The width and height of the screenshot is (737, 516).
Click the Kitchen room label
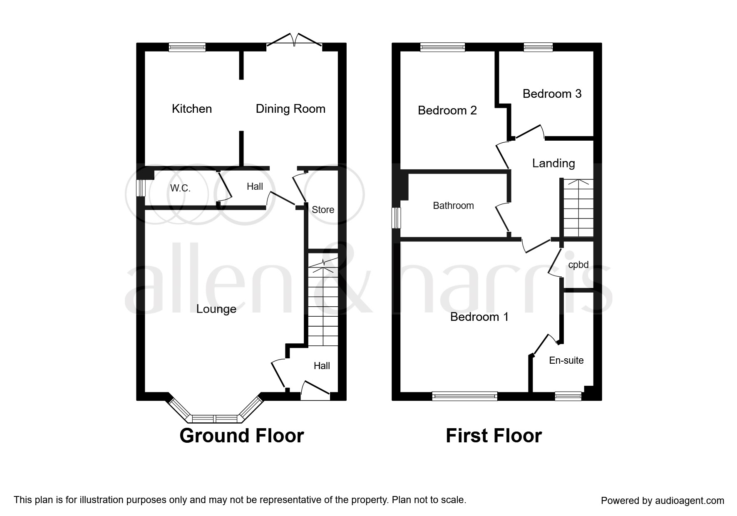coord(192,109)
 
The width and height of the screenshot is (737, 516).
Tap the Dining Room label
coord(290,109)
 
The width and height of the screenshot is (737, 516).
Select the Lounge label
coord(216,309)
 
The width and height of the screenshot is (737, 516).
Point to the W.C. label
coord(180,189)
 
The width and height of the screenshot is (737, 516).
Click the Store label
coord(323,210)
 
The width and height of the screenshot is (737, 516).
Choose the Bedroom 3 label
coord(552,94)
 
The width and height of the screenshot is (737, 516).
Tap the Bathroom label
coord(453,206)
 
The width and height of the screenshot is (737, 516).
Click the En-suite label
coord(566,360)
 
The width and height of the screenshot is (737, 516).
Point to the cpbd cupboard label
coord(578,265)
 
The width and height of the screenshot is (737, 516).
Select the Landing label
coord(553,164)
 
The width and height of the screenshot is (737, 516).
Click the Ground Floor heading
coord(242,436)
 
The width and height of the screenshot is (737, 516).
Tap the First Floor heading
coord(494,436)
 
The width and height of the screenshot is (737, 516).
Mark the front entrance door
coord(315,392)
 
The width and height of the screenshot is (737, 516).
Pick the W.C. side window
coord(141,188)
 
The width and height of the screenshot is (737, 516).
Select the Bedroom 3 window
coord(538,47)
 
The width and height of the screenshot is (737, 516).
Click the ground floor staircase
coord(323,304)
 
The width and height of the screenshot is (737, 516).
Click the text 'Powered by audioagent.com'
coord(663,501)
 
